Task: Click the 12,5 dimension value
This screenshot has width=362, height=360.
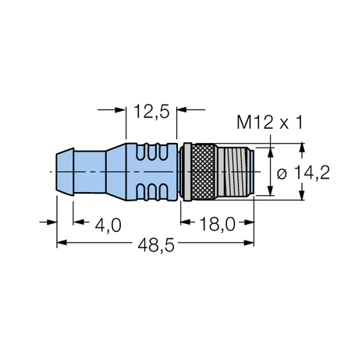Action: point(151,113)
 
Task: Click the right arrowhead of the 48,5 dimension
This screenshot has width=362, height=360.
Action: point(249,244)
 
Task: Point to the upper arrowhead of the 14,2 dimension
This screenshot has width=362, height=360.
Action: point(271,148)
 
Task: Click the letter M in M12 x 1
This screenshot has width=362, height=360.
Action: point(244,123)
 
